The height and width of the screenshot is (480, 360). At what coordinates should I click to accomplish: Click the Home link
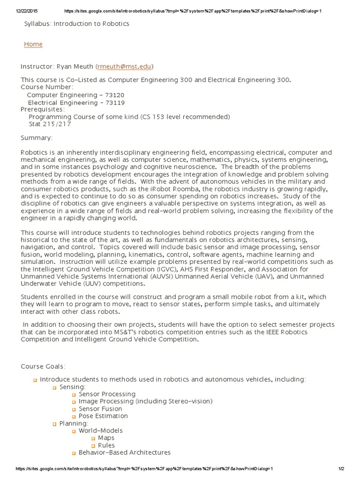point(33,44)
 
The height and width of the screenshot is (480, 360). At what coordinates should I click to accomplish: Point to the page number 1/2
point(341,469)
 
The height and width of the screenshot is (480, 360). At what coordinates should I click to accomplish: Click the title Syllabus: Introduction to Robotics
point(76,23)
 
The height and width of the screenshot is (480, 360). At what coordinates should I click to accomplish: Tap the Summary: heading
point(37,138)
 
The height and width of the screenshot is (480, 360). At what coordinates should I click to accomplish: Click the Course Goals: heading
point(43,366)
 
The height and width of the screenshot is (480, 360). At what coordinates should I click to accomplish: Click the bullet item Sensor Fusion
point(100,409)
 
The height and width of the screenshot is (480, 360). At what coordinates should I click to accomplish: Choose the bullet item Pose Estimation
point(103,416)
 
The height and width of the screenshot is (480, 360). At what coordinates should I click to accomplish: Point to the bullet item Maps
point(106,438)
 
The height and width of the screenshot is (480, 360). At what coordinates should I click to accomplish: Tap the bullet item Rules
point(106,445)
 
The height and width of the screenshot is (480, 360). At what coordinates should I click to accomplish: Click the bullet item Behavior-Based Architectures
point(125,452)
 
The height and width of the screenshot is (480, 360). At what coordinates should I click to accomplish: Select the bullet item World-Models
point(101,430)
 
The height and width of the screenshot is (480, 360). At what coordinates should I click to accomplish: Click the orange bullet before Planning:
point(54,424)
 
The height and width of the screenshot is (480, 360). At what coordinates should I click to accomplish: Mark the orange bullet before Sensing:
point(54,387)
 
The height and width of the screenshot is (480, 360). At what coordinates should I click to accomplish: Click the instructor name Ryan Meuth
point(75,67)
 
